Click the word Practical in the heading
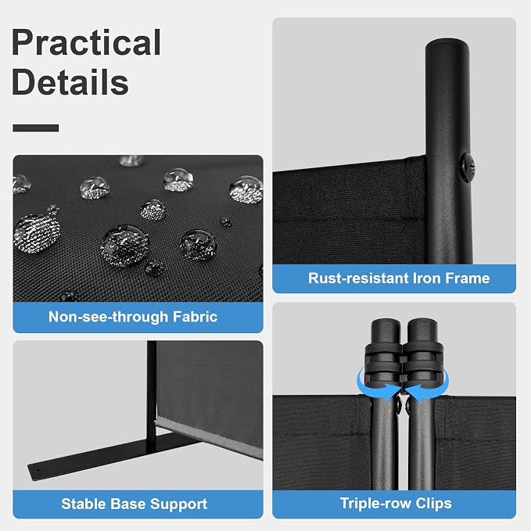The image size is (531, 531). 86,43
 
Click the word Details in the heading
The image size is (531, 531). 70,82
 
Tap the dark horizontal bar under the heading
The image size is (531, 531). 36,128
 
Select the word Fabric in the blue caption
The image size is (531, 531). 195,317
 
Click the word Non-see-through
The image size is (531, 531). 109,318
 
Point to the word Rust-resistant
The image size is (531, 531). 358,278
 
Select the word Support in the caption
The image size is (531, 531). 179,504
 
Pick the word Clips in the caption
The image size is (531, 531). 433,504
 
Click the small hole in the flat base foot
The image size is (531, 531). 38,470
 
